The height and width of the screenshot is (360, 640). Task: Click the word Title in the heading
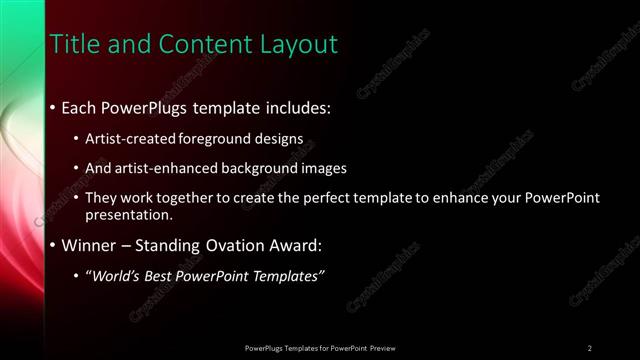click(72, 45)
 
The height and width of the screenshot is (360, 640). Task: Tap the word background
click(264, 168)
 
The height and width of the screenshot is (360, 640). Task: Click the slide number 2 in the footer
click(589, 347)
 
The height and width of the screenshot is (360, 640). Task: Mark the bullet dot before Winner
click(53, 246)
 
